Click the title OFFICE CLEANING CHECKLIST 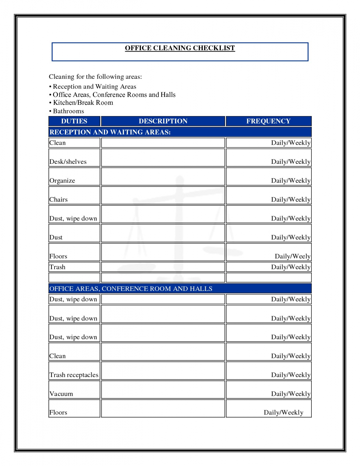[180, 48]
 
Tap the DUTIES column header [74, 121]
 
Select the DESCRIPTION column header [163, 121]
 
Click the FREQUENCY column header [268, 121]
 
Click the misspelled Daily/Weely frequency [292, 256]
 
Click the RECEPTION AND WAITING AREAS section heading [110, 132]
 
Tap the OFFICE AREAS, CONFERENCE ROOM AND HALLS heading [131, 288]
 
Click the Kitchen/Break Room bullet [83, 103]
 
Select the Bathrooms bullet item [68, 111]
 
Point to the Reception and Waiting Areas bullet [94, 87]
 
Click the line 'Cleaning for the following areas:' [95, 77]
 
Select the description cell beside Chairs [163, 196]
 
